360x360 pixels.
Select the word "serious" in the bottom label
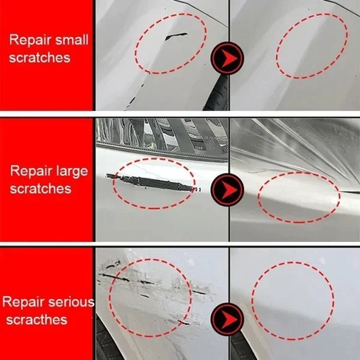pyautogui.click(x=71, y=302)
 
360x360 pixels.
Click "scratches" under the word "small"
pyautogui.click(x=40, y=57)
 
